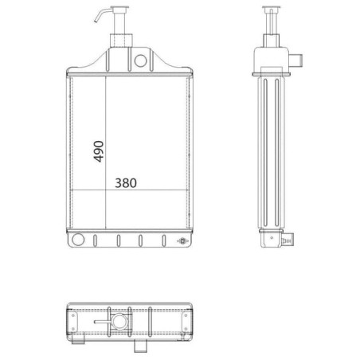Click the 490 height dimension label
99,151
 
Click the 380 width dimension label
126,183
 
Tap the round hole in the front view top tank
140,61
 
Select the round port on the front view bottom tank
78,239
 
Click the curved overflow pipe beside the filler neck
103,14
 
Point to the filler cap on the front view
119,7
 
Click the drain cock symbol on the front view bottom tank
183,241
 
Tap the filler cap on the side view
271,7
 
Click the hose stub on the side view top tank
295,61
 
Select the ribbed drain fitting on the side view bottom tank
288,241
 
